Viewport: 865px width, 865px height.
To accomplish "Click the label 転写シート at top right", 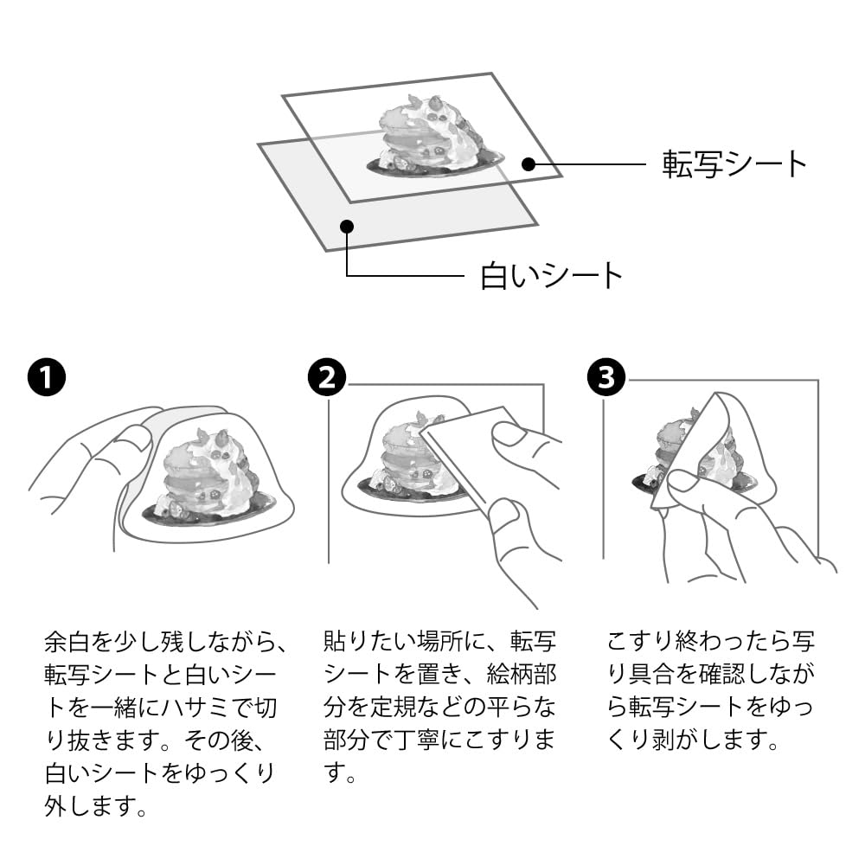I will coord(734,163).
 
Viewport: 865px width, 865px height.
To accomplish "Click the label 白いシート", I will coord(552,276).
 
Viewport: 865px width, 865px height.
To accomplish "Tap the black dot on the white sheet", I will coord(346,227).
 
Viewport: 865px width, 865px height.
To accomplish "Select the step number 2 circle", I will coord(326,378).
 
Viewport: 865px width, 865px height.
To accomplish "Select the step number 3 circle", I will coord(603,378).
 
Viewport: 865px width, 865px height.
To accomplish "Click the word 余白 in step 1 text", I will coord(67,643).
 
